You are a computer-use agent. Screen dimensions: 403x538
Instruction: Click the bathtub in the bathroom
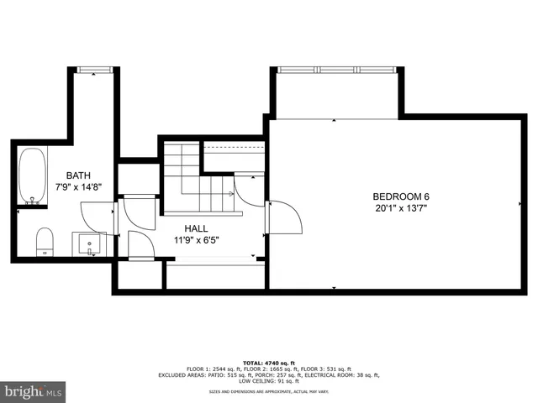pos(34,177)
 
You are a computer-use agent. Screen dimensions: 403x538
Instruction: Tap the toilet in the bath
pos(45,240)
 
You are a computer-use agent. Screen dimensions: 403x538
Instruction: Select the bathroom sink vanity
pos(89,244)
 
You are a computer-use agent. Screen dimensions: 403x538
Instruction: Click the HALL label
pos(196,227)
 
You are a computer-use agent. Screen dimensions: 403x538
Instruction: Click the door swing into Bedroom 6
pos(285,220)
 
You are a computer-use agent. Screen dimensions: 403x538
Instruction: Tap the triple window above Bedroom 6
pos(334,70)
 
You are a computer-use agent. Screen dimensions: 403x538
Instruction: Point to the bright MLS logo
pos(34,391)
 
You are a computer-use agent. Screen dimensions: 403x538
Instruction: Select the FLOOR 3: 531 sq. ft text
pos(351,367)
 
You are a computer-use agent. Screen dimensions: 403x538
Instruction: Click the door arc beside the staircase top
pos(249,190)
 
